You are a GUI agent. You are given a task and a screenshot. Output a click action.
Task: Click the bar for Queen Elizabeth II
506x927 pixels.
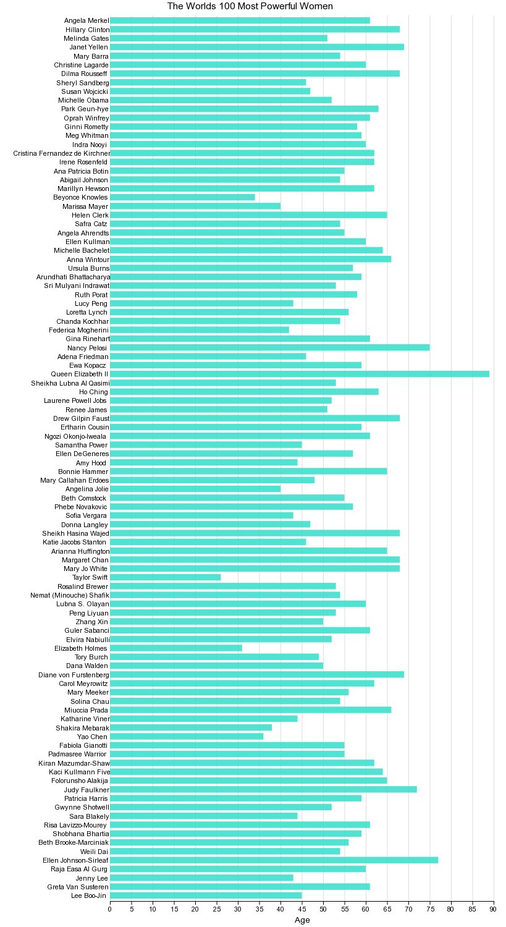click(x=300, y=374)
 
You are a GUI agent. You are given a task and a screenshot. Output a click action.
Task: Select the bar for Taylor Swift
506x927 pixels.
click(x=165, y=577)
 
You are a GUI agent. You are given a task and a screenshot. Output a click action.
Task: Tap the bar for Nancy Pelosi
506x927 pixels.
click(x=269, y=347)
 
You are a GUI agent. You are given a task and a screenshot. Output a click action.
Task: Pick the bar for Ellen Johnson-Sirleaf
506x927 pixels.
click(x=274, y=860)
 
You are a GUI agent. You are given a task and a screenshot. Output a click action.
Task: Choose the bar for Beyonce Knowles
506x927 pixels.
click(x=182, y=197)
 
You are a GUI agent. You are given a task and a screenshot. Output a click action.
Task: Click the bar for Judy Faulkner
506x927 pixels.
click(x=263, y=789)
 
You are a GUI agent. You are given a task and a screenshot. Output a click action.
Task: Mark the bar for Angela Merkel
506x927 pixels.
click(x=240, y=20)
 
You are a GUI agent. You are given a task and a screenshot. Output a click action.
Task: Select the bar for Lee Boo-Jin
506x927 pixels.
click(x=206, y=895)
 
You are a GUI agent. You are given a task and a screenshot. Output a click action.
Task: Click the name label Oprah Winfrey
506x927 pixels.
click(x=86, y=118)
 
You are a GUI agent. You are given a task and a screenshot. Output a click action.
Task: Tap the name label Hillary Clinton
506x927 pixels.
click(x=87, y=29)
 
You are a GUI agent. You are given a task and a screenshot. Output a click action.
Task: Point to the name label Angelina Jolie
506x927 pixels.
click(x=87, y=489)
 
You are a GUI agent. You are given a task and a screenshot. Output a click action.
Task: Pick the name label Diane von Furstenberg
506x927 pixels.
click(x=74, y=674)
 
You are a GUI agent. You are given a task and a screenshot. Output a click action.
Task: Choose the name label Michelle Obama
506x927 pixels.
click(x=83, y=100)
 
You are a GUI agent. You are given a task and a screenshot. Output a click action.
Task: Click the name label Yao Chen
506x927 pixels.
click(x=92, y=736)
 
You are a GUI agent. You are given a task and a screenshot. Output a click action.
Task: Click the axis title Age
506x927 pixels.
click(x=302, y=920)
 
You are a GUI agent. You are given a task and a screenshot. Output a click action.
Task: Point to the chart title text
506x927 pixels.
click(x=250, y=6)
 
